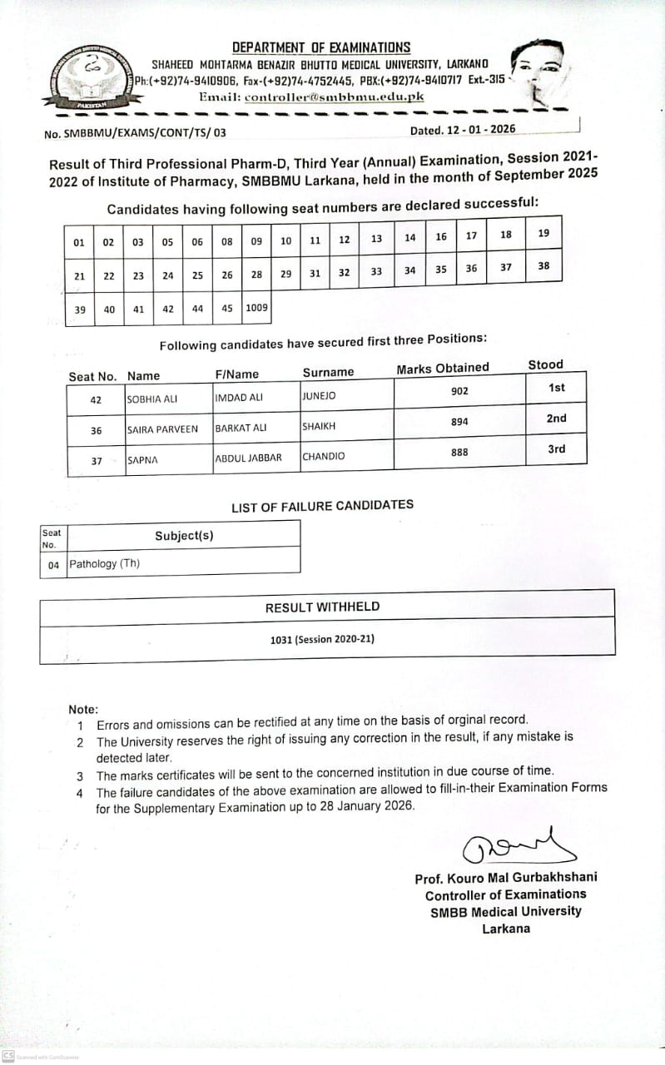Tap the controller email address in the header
point(335,97)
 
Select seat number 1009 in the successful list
point(257,308)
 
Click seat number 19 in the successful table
point(543,233)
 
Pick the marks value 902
point(459,391)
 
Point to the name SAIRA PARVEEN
point(162,429)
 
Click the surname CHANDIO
point(324,456)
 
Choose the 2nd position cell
point(556,419)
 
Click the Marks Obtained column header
point(443,369)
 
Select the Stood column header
point(545,364)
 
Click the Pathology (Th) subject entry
point(105,564)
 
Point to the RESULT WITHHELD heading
point(322,607)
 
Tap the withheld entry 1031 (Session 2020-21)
point(322,639)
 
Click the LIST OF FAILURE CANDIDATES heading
point(322,505)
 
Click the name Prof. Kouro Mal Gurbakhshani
point(505,878)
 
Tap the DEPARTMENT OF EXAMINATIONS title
point(321,48)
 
